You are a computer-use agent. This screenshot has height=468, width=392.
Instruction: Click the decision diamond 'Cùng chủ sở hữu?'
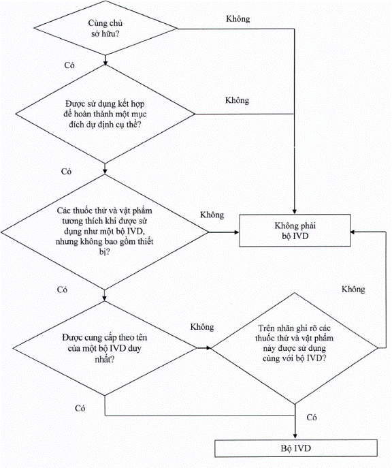click(x=105, y=29)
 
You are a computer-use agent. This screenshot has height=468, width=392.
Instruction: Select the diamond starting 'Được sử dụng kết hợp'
click(x=105, y=114)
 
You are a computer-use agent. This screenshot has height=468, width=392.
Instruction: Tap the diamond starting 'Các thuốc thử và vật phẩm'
click(x=105, y=232)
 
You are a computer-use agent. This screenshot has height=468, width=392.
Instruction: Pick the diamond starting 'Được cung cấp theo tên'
click(x=105, y=348)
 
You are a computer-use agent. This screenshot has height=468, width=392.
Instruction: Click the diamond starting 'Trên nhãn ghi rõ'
click(x=295, y=348)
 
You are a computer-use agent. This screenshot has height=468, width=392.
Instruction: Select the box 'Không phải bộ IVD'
click(x=295, y=230)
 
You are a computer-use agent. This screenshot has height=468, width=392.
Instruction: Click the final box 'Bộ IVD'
click(x=296, y=448)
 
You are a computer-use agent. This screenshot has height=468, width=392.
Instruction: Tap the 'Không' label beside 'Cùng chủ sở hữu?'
click(x=238, y=19)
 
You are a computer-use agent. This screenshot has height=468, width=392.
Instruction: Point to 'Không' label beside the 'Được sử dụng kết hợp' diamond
click(x=237, y=100)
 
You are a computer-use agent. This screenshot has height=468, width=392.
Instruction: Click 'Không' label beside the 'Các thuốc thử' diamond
click(x=212, y=215)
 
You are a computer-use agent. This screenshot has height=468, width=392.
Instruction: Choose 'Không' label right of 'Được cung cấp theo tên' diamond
click(x=202, y=327)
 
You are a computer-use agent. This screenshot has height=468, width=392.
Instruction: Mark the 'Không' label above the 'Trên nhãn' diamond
click(x=353, y=290)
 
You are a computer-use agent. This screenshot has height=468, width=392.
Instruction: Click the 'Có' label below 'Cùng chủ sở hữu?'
click(x=69, y=65)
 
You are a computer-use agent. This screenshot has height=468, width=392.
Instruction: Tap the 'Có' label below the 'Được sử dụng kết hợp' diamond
click(x=66, y=172)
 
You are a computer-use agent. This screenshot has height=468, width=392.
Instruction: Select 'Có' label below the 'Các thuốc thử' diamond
click(x=62, y=290)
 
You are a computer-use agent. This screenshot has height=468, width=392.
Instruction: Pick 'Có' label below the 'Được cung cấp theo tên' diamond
click(x=80, y=408)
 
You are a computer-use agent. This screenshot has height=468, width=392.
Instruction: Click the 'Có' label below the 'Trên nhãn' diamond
click(x=312, y=418)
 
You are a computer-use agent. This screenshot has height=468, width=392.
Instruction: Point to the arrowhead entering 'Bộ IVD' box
click(x=295, y=437)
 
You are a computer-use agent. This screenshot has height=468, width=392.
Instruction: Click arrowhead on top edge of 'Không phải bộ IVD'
click(x=295, y=211)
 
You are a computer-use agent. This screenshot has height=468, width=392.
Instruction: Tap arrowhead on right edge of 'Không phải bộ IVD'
click(x=353, y=232)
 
